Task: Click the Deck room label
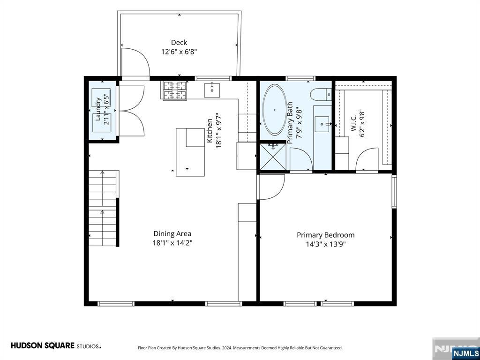[x=179, y=43]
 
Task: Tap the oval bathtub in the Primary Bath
[x=275, y=110]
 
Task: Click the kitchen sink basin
[x=212, y=90]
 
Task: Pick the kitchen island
[x=190, y=152]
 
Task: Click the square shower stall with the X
[x=273, y=157]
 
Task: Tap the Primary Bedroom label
[x=326, y=235]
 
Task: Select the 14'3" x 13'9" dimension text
[x=326, y=244]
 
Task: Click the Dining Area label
[x=172, y=234]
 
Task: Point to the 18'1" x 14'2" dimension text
[x=172, y=243]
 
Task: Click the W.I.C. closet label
[x=353, y=123]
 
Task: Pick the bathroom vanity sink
[x=322, y=124]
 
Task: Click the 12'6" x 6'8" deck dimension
[x=179, y=52]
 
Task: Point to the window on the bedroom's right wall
[x=394, y=192]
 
